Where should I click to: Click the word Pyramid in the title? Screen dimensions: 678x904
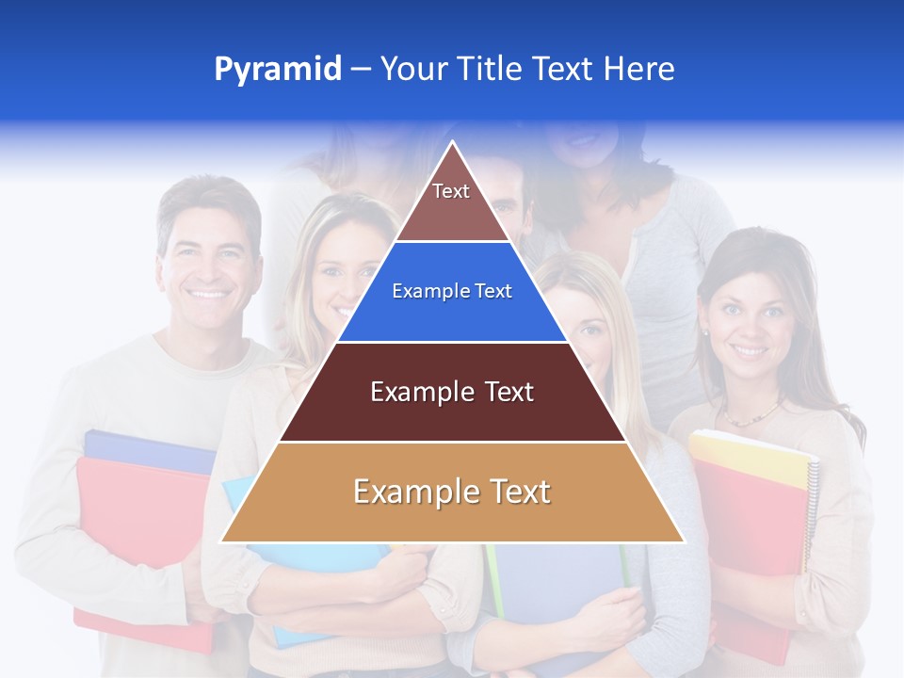[x=278, y=70]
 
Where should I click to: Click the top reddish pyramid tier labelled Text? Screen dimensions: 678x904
[x=451, y=202]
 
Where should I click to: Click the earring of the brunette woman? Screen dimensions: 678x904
[x=703, y=332]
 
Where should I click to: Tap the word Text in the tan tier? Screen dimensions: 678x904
[x=514, y=492]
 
